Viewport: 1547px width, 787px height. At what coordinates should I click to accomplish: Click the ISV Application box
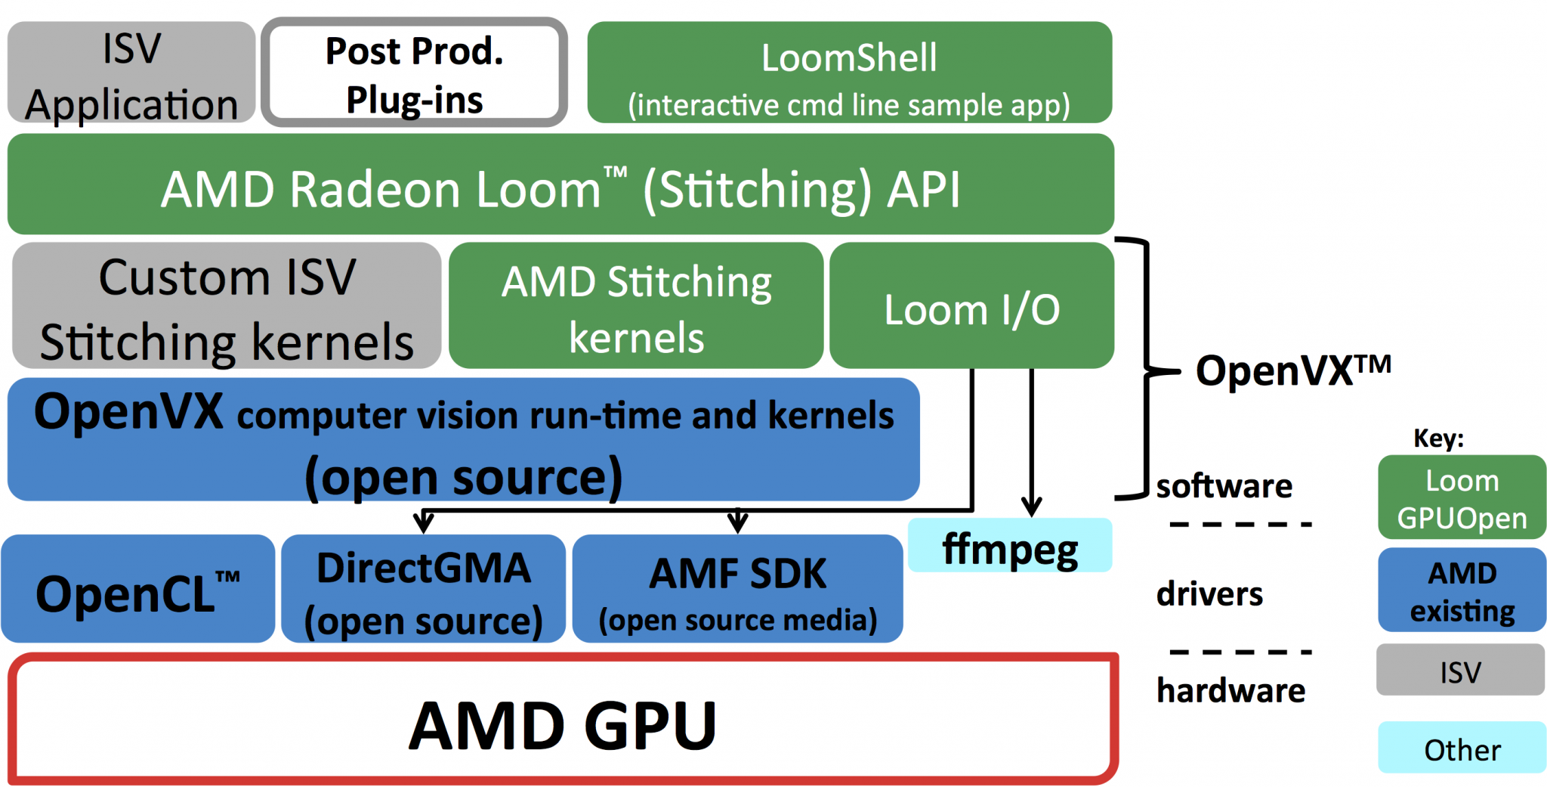(131, 73)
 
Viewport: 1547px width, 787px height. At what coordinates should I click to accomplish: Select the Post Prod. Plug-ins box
(414, 73)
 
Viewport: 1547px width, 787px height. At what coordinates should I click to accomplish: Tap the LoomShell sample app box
(849, 73)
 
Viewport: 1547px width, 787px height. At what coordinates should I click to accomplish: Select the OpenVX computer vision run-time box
(463, 440)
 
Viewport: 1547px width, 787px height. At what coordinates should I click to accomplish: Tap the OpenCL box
(137, 590)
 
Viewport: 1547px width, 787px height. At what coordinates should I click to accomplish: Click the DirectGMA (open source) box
(423, 590)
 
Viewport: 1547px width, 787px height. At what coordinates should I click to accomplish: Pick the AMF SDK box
(737, 590)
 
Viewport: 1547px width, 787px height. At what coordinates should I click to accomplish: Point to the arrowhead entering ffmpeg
(1032, 507)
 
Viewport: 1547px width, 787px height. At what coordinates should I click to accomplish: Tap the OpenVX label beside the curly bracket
(1292, 370)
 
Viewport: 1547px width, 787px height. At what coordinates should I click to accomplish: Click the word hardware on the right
(1230, 690)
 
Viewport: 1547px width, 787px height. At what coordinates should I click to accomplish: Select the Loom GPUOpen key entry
(1462, 498)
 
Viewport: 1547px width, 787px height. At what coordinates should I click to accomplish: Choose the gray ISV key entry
(1460, 671)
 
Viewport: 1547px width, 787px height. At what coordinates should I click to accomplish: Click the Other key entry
(1462, 748)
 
